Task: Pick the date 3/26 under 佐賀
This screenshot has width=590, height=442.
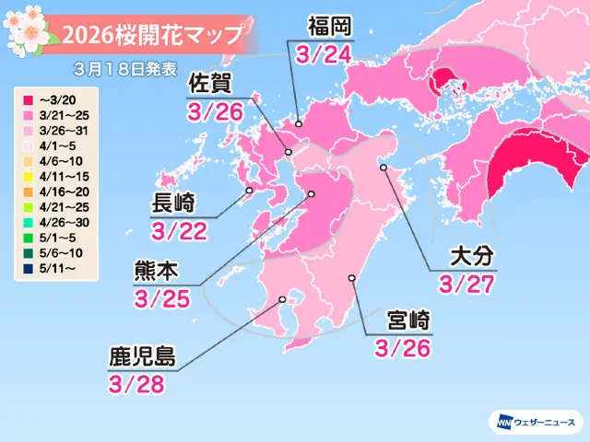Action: (x=214, y=110)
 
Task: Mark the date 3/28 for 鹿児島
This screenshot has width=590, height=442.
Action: (x=139, y=383)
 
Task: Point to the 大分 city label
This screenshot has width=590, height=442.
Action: (x=466, y=254)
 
